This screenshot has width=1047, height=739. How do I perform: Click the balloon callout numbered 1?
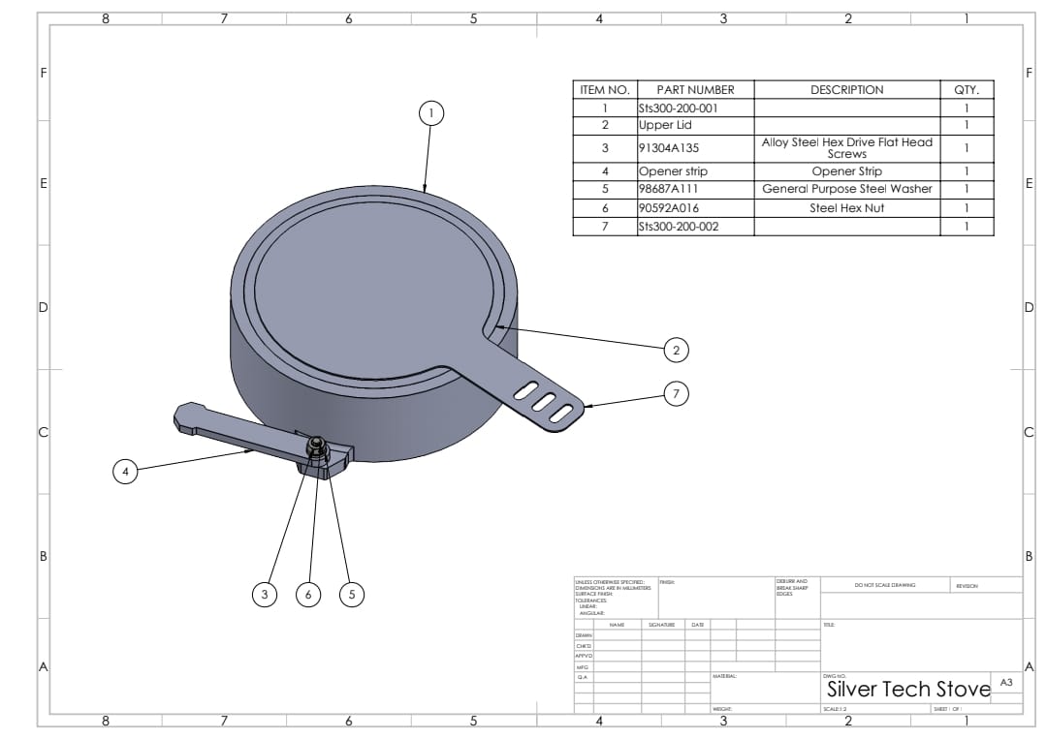click(x=430, y=113)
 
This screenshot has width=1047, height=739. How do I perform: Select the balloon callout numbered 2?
click(x=677, y=349)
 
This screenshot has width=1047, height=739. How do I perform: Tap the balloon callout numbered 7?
click(x=677, y=393)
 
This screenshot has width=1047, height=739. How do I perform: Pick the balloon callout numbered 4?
click(x=124, y=472)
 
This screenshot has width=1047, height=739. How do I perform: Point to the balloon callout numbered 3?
click(x=264, y=594)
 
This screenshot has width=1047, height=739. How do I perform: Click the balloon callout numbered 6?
click(x=308, y=594)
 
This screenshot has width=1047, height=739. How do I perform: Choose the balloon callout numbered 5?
click(x=352, y=594)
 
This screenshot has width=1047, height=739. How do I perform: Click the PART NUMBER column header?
click(x=695, y=90)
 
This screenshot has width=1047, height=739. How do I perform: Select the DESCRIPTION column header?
click(x=846, y=90)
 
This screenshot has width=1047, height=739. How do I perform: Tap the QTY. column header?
click(x=967, y=90)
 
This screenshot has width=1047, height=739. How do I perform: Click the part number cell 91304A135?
click(x=669, y=148)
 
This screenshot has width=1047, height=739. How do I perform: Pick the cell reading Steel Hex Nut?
click(x=846, y=207)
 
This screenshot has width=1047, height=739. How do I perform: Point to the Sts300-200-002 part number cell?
click(x=679, y=226)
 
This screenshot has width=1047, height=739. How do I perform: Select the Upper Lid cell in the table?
click(x=665, y=125)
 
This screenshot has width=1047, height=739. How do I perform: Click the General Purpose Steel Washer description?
click(x=846, y=189)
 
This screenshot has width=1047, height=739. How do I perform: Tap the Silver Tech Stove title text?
click(x=907, y=690)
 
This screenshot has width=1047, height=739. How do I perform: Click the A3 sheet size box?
click(x=1006, y=683)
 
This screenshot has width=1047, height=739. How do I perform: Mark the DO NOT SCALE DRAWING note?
click(x=884, y=585)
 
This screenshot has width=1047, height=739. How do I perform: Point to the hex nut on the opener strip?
click(x=315, y=446)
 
